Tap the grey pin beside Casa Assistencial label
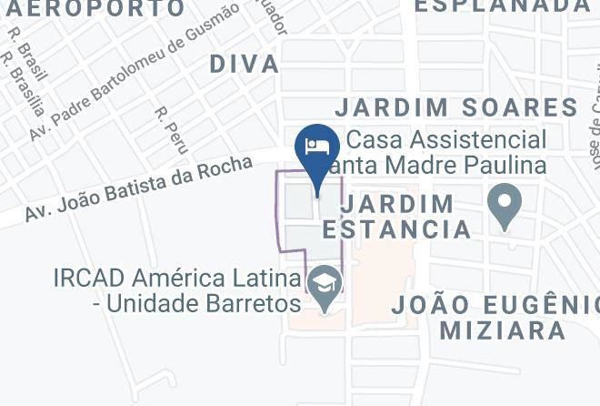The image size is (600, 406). pos(504,206)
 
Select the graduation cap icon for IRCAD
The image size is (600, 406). pos(322,285)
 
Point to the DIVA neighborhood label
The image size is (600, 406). pos(244,64)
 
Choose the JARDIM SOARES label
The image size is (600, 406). pos(456,107)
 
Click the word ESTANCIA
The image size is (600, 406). pos(396,228)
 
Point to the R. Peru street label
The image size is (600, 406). pos(172,129)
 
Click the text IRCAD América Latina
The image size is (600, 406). pos(176,277)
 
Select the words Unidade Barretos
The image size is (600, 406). pos(204,303)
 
